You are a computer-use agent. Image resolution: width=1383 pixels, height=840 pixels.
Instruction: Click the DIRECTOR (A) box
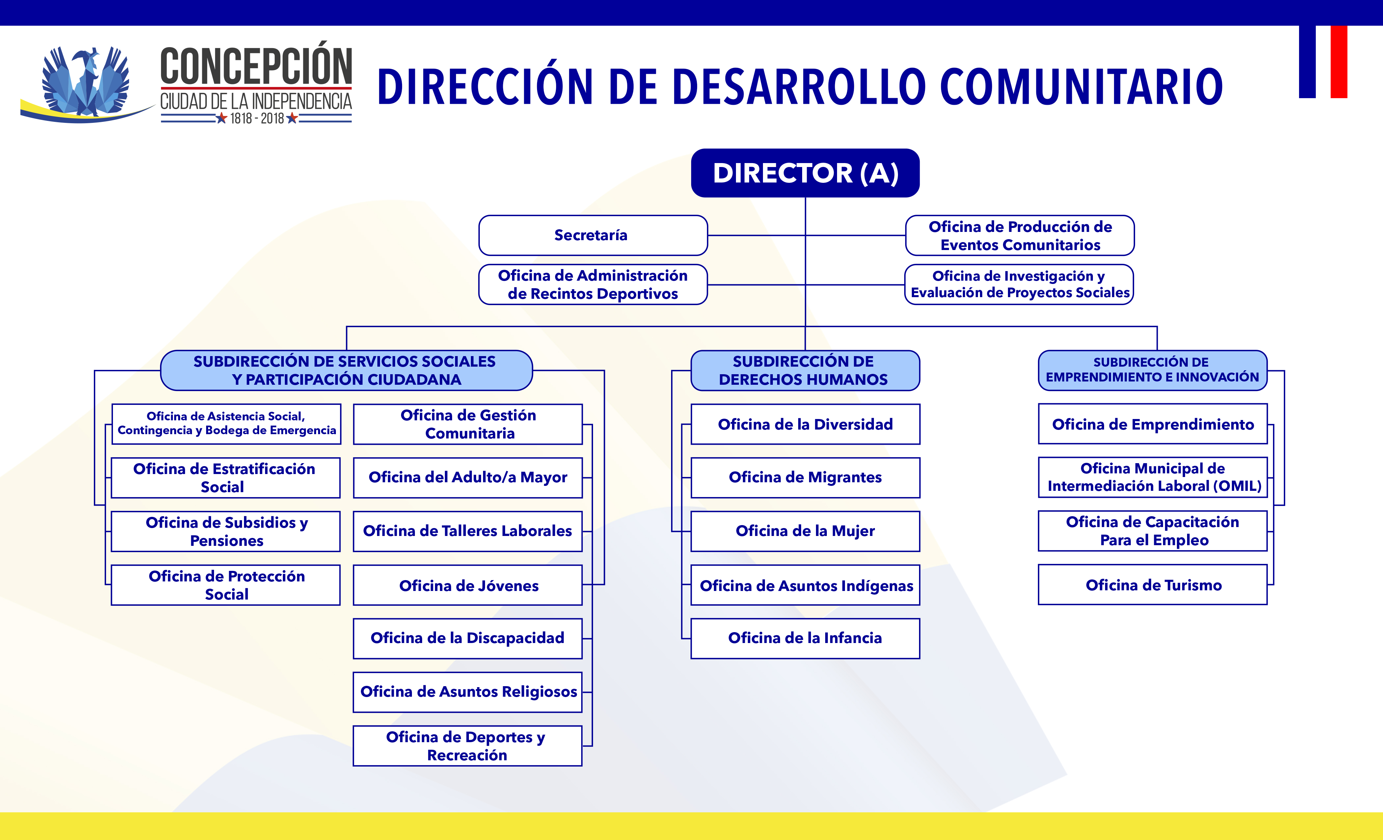click(x=805, y=173)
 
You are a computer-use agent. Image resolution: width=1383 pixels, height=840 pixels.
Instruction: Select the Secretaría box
click(x=593, y=235)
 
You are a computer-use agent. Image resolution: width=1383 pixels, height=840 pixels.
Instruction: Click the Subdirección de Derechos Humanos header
click(x=805, y=371)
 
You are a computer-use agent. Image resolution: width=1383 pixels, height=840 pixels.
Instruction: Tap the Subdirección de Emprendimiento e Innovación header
click(x=1153, y=370)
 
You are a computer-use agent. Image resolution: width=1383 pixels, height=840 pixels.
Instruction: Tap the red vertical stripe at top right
click(x=1339, y=62)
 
